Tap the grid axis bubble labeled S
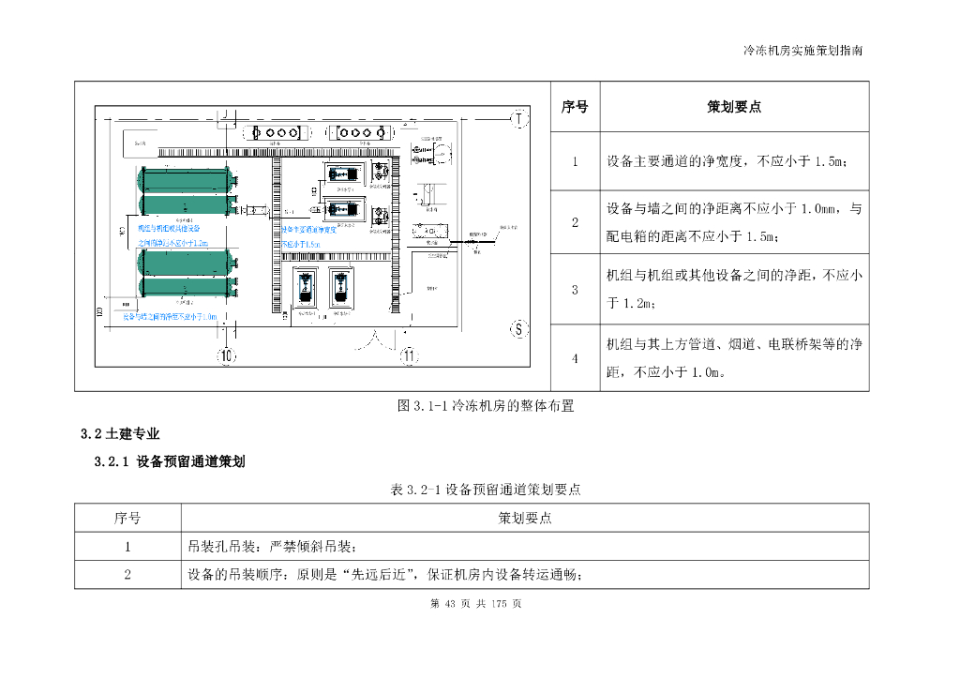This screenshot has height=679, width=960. [517, 328]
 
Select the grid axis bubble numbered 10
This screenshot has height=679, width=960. [227, 355]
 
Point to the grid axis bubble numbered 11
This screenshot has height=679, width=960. [409, 355]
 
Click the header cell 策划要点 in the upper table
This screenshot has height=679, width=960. [734, 107]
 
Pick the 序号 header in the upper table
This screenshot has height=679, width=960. [575, 107]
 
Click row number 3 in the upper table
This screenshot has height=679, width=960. [575, 290]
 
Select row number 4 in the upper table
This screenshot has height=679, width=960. [575, 358]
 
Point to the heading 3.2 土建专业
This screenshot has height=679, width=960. [120, 434]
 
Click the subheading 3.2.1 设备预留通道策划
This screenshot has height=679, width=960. [170, 461]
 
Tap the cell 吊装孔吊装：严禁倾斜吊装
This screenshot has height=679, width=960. [272, 547]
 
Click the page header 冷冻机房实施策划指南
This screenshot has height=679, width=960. [802, 50]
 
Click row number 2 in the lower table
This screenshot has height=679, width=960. [127, 575]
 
